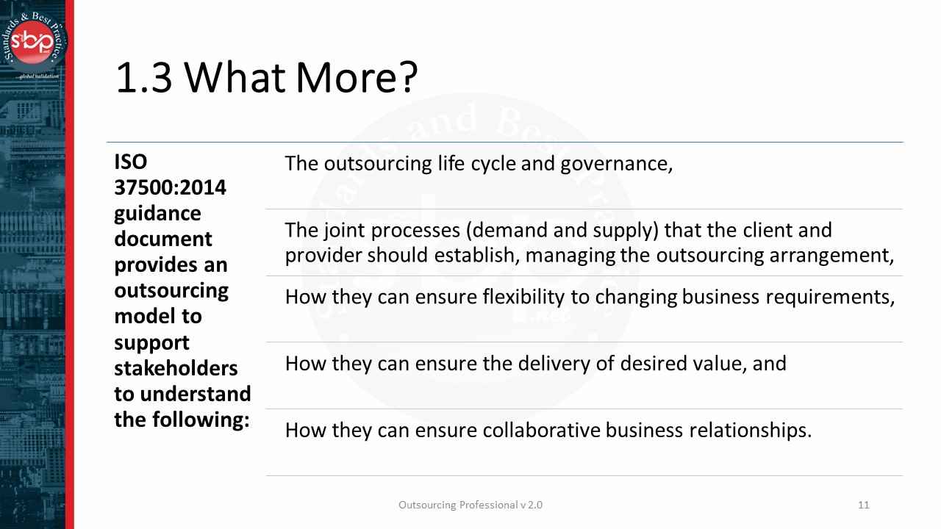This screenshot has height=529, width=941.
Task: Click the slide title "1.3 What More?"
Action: point(266,78)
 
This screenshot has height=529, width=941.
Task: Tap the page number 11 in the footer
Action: point(864,505)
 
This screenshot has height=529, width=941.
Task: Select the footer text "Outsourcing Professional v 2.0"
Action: point(470,505)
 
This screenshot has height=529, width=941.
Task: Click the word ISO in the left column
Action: point(131,162)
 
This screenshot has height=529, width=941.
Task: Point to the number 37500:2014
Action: point(170,187)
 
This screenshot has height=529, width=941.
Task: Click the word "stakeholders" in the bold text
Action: point(176,367)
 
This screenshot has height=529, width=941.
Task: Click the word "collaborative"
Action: point(541,430)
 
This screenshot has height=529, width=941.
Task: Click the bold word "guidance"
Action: point(157,213)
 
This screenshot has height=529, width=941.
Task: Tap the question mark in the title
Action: point(402,78)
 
